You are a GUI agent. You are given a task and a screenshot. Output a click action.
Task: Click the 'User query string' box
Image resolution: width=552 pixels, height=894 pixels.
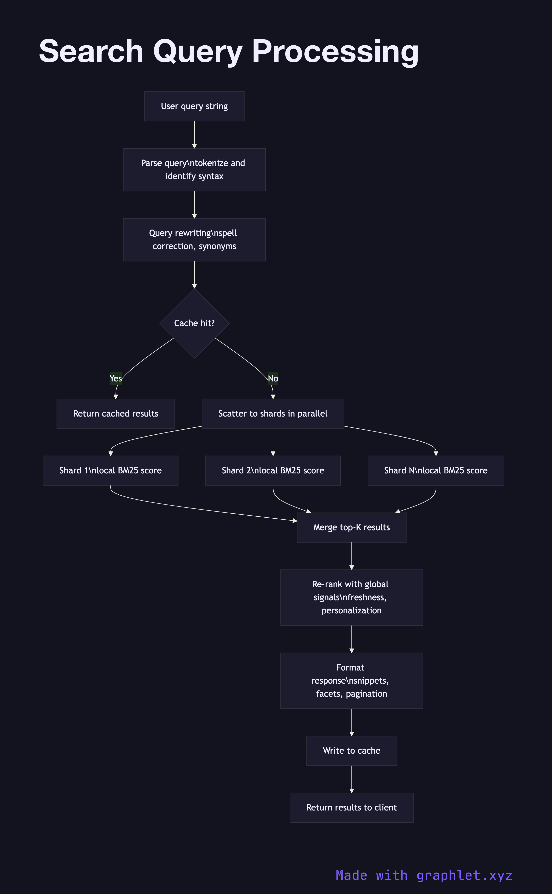[x=194, y=106]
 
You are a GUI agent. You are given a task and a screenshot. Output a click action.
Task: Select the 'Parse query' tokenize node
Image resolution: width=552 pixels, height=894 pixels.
[x=194, y=170]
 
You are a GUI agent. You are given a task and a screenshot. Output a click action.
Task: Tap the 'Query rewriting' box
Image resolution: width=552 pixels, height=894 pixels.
[x=194, y=240]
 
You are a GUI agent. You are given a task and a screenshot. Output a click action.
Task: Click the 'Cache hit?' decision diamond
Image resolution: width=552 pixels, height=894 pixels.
[x=194, y=323]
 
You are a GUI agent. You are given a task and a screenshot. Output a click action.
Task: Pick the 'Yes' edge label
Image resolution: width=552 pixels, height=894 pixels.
[x=116, y=378]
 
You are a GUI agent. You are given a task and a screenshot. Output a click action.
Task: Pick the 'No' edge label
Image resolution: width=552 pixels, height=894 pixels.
[x=273, y=378]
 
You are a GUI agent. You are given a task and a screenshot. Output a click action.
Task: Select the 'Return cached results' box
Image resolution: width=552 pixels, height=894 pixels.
[x=116, y=414]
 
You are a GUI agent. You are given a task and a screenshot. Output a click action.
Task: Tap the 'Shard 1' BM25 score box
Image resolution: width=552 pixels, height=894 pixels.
[x=111, y=470]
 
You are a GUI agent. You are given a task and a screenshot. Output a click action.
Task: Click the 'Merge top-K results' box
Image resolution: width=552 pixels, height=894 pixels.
[x=352, y=527]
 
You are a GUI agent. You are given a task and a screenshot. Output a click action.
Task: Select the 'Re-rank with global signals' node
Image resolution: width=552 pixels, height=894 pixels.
[x=352, y=597]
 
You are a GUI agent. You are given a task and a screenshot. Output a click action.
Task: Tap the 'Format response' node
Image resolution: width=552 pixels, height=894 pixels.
[x=352, y=681]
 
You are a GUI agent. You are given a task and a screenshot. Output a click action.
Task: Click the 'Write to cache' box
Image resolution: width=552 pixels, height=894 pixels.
[x=352, y=751]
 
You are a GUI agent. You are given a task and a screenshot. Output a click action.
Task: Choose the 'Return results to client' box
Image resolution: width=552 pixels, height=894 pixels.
[x=352, y=807]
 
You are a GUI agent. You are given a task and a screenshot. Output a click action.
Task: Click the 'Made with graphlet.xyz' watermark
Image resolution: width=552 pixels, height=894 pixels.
[x=424, y=875]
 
